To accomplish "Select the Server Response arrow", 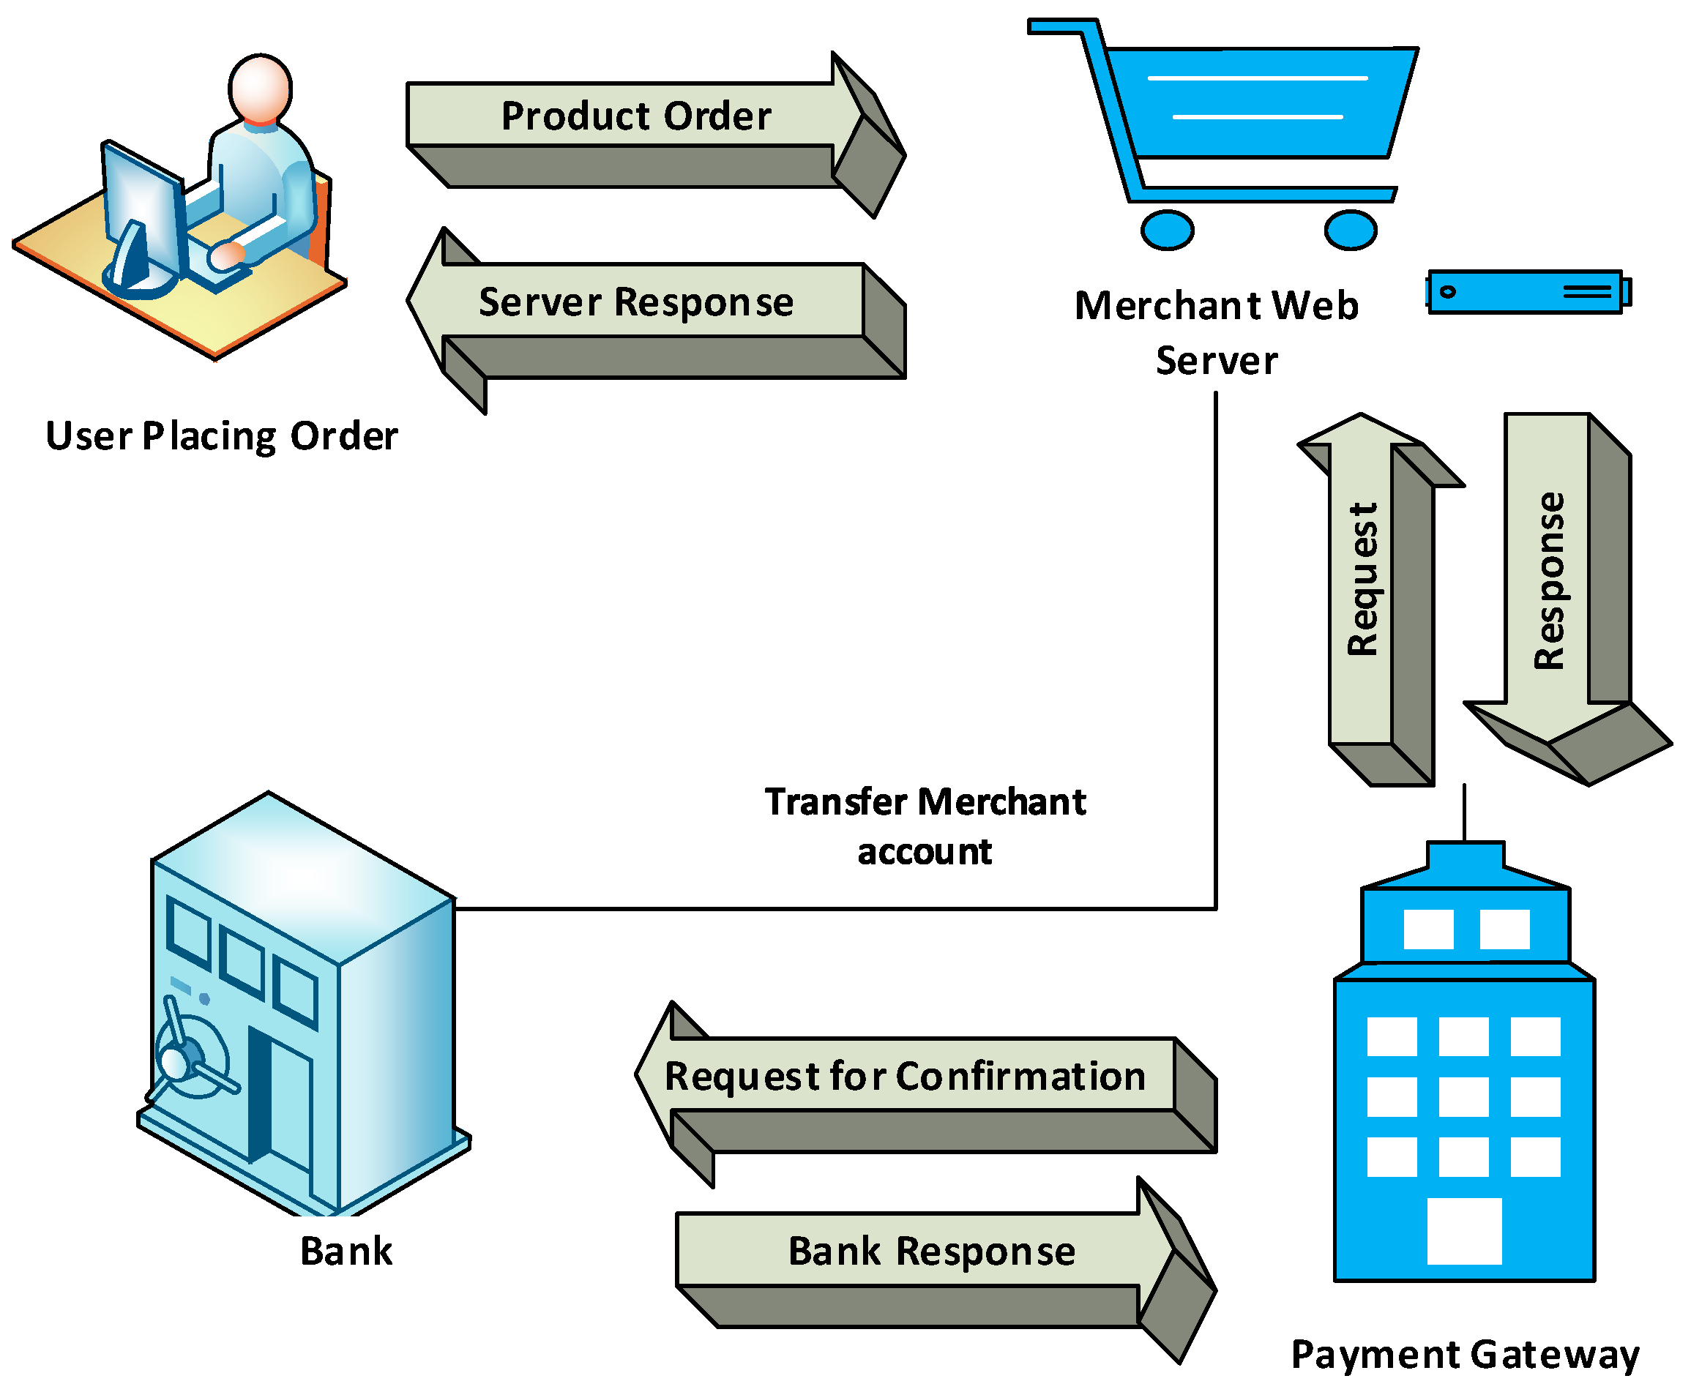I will coord(638,303).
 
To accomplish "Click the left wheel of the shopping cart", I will coord(1167,231).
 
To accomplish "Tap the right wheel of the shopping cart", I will coord(1351,231).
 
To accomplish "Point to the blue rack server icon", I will coord(1527,293).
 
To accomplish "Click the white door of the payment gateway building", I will coord(1464,1232).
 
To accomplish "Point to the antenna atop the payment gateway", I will coord(1464,813).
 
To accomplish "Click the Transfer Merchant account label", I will coord(925,827).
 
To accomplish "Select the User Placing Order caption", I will coord(222,437).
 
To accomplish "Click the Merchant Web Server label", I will coord(1217,333).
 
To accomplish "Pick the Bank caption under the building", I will coord(346,1252).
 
